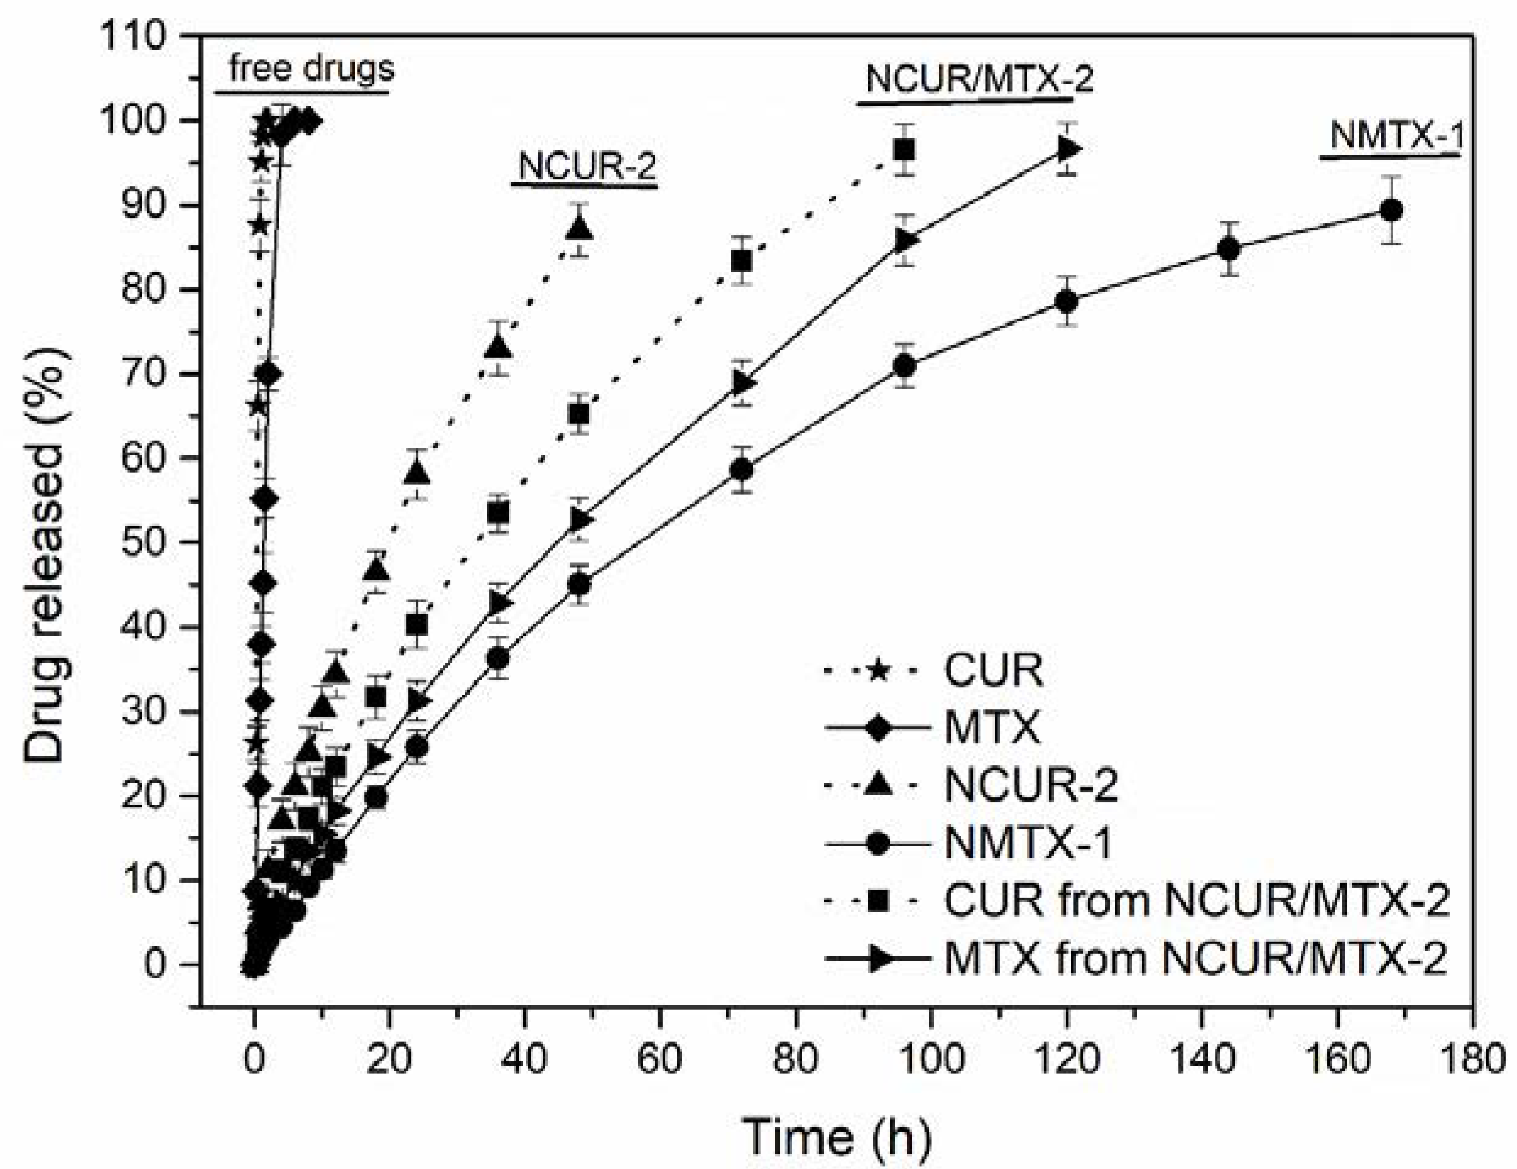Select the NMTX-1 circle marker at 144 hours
point(1229,249)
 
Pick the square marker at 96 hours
point(904,149)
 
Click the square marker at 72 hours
point(742,261)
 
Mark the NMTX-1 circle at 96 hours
point(904,366)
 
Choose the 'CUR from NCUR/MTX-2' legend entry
point(1195,901)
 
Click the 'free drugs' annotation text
point(311,68)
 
